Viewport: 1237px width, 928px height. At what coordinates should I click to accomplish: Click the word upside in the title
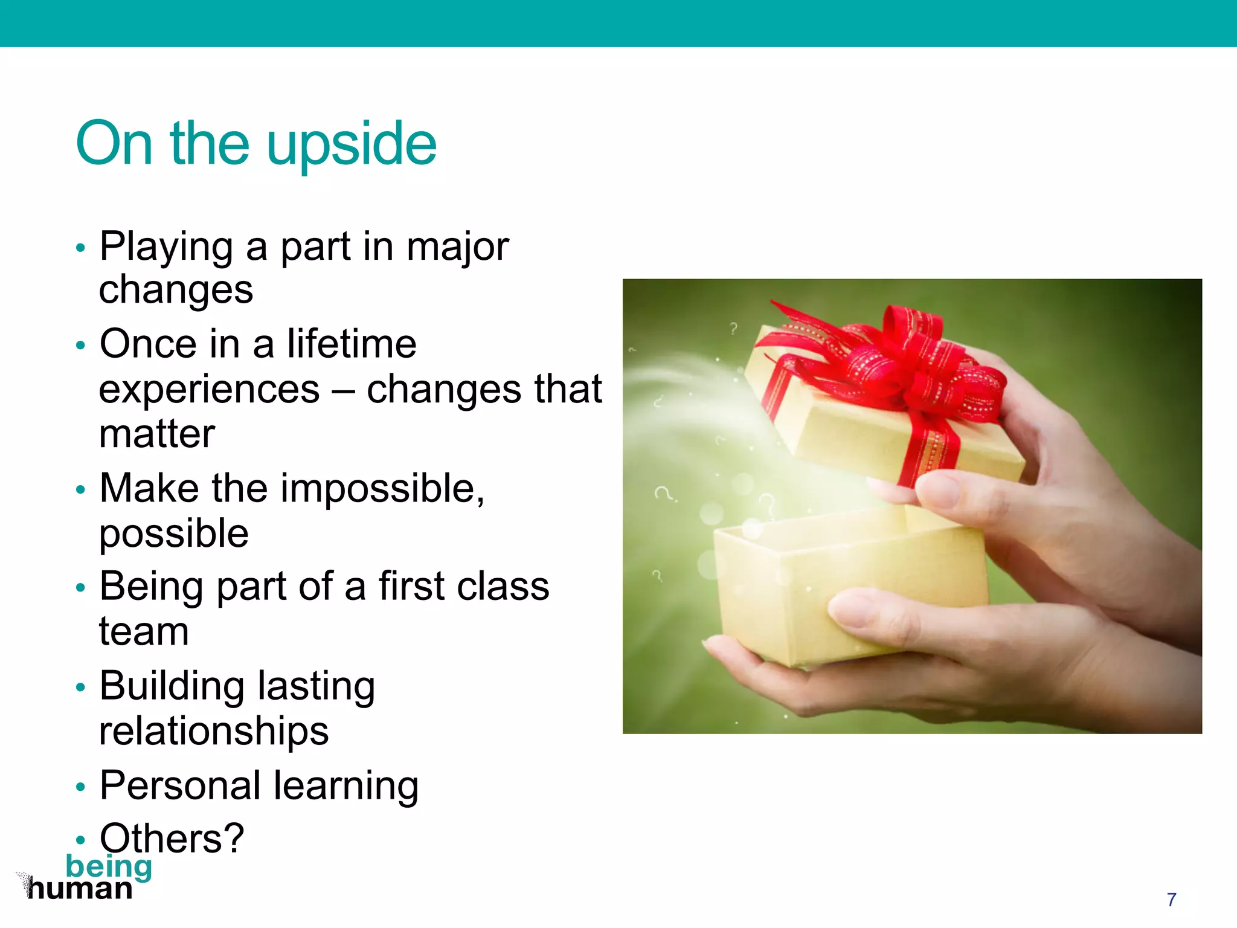tap(351, 145)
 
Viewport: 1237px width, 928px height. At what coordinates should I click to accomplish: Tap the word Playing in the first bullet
tap(166, 248)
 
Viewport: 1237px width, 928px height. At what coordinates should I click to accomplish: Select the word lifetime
tap(352, 344)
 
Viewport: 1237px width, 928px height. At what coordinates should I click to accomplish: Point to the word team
tap(144, 632)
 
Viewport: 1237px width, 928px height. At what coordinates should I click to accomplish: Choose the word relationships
tap(214, 731)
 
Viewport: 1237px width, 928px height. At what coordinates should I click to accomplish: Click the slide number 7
tap(1171, 900)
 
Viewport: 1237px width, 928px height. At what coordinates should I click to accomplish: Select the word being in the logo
tap(109, 866)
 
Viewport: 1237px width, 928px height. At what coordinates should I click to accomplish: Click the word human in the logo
tap(80, 889)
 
